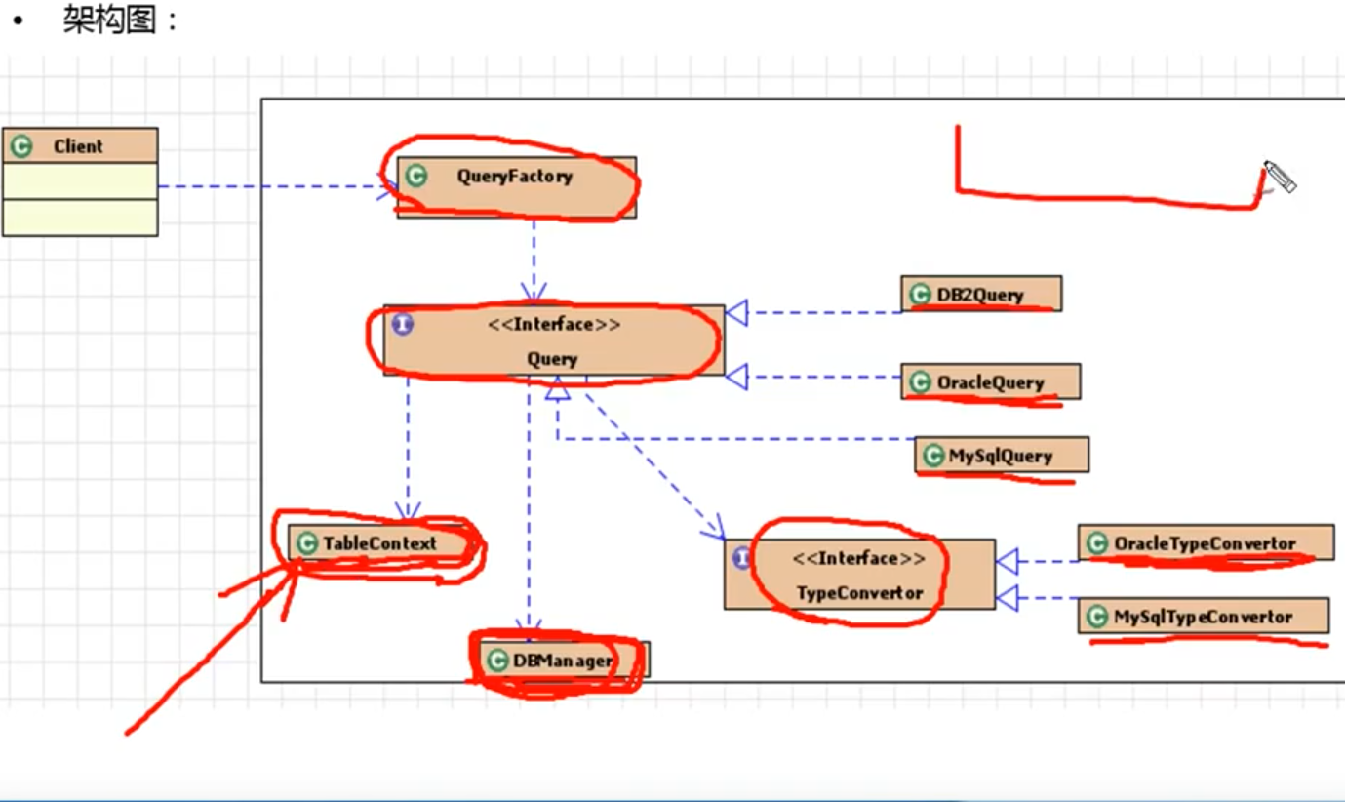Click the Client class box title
pyautogui.click(x=78, y=146)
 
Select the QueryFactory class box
pyautogui.click(x=516, y=187)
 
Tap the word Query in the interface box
pyautogui.click(x=552, y=359)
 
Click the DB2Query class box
pyautogui.click(x=981, y=294)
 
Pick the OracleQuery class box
pyautogui.click(x=991, y=381)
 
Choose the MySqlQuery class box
pyautogui.click(x=1002, y=455)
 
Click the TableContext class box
pyautogui.click(x=379, y=543)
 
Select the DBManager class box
pyautogui.click(x=565, y=661)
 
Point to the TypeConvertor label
pyautogui.click(x=860, y=593)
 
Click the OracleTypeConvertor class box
pyautogui.click(x=1207, y=542)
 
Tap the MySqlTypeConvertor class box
pyautogui.click(x=1204, y=616)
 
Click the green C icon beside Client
pyautogui.click(x=21, y=146)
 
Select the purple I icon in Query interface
pyautogui.click(x=402, y=324)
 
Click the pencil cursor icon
pyautogui.click(x=1281, y=178)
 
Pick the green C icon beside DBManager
pyautogui.click(x=497, y=661)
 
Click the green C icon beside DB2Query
pyautogui.click(x=920, y=295)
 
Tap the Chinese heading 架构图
pyautogui.click(x=109, y=20)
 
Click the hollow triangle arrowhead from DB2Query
pyautogui.click(x=737, y=312)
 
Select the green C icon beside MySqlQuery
pyautogui.click(x=933, y=456)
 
